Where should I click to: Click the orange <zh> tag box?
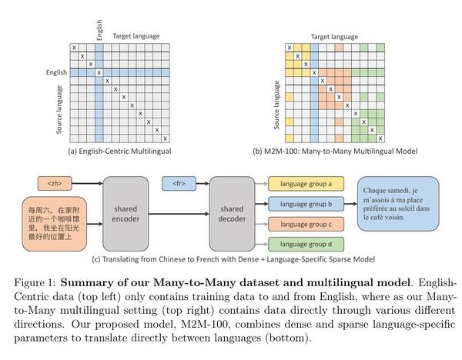coord(55,183)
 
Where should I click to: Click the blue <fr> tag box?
coord(179,183)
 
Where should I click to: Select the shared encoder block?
coord(126,214)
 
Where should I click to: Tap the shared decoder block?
coord(233,214)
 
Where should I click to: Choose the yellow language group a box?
coord(306,184)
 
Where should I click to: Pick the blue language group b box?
coord(306,204)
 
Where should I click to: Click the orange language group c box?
coord(306,225)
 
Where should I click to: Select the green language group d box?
coord(306,245)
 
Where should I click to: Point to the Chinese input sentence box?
coord(55,224)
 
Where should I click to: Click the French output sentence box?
coord(398,204)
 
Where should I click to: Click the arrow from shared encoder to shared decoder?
coord(179,214)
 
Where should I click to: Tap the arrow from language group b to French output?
coord(350,204)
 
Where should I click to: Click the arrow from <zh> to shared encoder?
coord(87,183)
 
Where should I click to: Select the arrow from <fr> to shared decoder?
coord(203,183)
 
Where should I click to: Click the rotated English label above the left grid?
coord(99,30)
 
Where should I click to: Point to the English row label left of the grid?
coord(56,72)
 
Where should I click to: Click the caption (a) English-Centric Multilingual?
coord(119,152)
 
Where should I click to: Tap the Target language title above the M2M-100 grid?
coord(334,37)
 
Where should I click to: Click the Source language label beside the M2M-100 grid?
coord(276,105)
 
